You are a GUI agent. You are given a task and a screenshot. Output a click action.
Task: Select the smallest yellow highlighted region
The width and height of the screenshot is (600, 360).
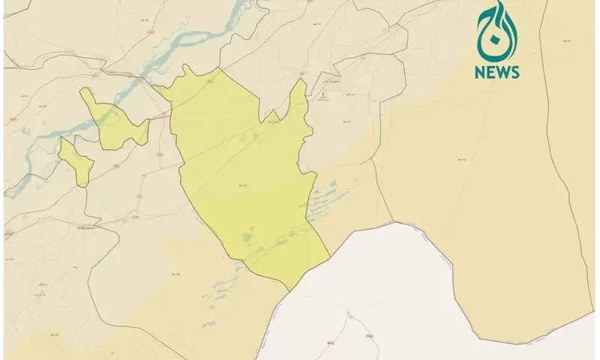pyautogui.click(x=76, y=160)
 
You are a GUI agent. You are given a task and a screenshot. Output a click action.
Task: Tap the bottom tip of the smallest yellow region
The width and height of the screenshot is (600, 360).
pyautogui.click(x=82, y=184)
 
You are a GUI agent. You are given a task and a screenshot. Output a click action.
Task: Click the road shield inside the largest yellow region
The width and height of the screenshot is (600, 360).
pyautogui.click(x=241, y=183)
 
